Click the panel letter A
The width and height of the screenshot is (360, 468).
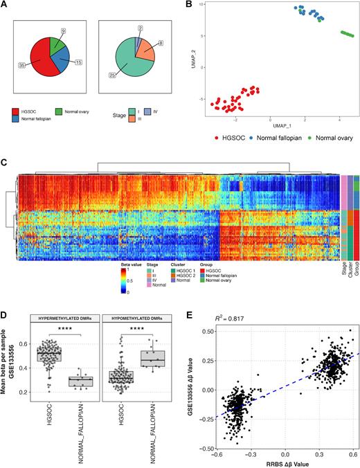click(x=5, y=5)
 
